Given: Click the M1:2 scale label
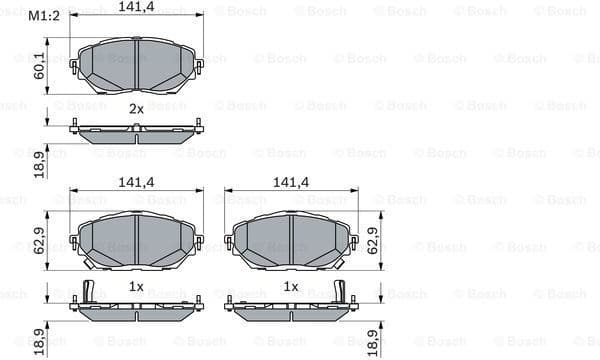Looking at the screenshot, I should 43,16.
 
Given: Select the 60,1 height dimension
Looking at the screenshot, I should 38,66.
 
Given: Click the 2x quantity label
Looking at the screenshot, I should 136,108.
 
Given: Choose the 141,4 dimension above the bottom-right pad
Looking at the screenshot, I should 291,181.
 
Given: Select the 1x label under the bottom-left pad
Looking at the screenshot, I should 136,286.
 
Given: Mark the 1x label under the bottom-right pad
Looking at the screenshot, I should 291,286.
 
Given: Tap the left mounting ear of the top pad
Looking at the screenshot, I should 74,66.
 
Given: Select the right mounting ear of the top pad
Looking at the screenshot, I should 198,66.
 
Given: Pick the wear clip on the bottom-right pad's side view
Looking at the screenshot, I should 340,292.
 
